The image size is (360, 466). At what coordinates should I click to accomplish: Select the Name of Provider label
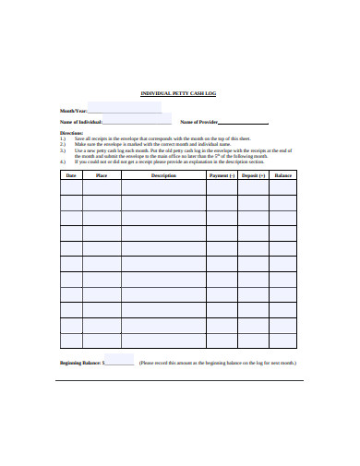point(198,122)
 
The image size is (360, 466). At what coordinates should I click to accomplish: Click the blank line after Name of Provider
point(244,123)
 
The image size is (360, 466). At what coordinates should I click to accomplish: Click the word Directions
point(71,132)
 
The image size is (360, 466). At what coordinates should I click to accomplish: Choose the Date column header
point(70,174)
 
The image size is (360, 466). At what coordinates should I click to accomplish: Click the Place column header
point(102,174)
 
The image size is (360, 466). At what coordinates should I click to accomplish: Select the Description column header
point(163,174)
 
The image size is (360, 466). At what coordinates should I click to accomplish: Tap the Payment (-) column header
point(222,174)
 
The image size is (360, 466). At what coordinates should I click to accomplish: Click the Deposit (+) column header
point(253,174)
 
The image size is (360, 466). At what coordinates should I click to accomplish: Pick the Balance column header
point(282,174)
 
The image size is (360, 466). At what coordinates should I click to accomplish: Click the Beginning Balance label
point(81,364)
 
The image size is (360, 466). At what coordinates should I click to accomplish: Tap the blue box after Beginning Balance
point(119,360)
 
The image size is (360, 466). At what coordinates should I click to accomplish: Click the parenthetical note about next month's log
point(218,364)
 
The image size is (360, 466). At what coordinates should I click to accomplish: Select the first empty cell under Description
point(163,187)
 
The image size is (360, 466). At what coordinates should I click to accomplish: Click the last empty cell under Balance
point(282,341)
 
